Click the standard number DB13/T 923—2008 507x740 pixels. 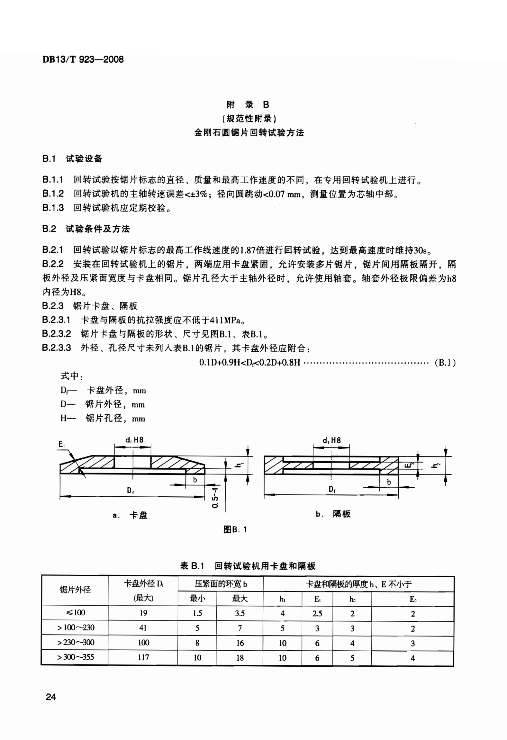83,59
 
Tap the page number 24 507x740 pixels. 51,697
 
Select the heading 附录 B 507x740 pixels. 248,105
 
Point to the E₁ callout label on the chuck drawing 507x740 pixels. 62,444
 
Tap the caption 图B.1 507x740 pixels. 235,529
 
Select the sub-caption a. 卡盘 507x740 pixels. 130,515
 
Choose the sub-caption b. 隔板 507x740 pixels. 333,514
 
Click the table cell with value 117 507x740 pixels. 143,657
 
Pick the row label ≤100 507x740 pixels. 75,612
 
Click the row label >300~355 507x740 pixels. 75,656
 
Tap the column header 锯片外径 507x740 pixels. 75,590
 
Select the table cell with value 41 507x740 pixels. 143,627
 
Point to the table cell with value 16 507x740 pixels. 240,643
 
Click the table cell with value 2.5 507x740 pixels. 317,613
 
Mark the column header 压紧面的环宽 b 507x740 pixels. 221,583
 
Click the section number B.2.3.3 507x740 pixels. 56,348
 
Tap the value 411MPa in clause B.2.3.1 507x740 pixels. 224,320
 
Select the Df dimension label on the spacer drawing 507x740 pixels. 332,489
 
